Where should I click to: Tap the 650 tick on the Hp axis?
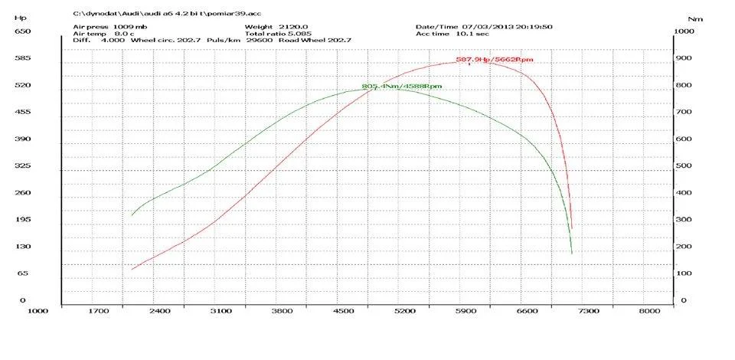pos(22,31)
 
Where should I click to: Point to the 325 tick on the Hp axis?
pos(22,166)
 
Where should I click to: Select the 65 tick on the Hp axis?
pos(24,273)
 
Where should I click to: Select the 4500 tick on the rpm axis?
pos(343,312)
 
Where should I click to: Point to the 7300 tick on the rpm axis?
pos(588,312)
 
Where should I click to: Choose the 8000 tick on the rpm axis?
pos(649,312)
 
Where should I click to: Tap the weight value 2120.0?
pos(281,27)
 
